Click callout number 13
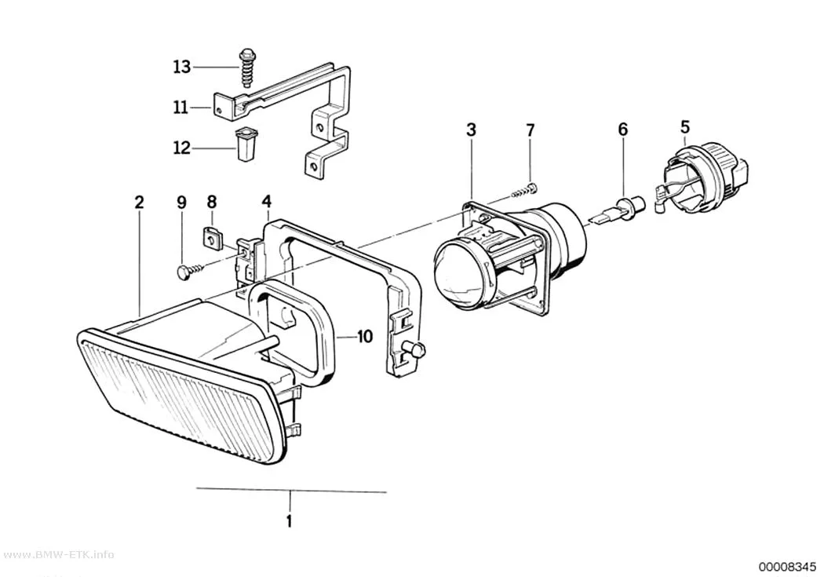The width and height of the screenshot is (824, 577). (x=182, y=68)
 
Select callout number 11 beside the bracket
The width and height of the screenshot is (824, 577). (x=180, y=108)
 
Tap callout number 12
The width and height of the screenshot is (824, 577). (x=182, y=148)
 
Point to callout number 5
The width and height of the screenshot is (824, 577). (x=685, y=127)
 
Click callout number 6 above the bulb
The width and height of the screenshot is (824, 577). (x=623, y=129)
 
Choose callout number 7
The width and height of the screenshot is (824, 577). (x=530, y=130)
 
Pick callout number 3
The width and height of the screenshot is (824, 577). (x=471, y=130)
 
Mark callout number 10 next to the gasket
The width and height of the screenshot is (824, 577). (x=365, y=336)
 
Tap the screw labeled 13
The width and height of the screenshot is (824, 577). (x=246, y=68)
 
